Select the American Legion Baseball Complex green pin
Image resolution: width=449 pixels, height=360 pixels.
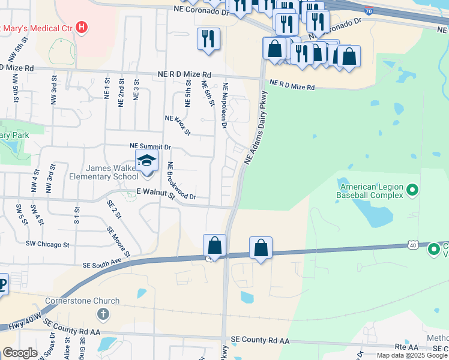click(x=412, y=191)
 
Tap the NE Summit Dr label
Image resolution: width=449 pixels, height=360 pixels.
click(x=151, y=146)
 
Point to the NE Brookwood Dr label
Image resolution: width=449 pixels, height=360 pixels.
click(x=182, y=181)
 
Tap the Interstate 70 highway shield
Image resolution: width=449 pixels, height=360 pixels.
click(x=369, y=11)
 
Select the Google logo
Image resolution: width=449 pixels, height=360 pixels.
click(x=20, y=353)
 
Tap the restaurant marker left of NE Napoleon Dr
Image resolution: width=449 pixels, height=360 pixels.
click(x=208, y=40)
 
